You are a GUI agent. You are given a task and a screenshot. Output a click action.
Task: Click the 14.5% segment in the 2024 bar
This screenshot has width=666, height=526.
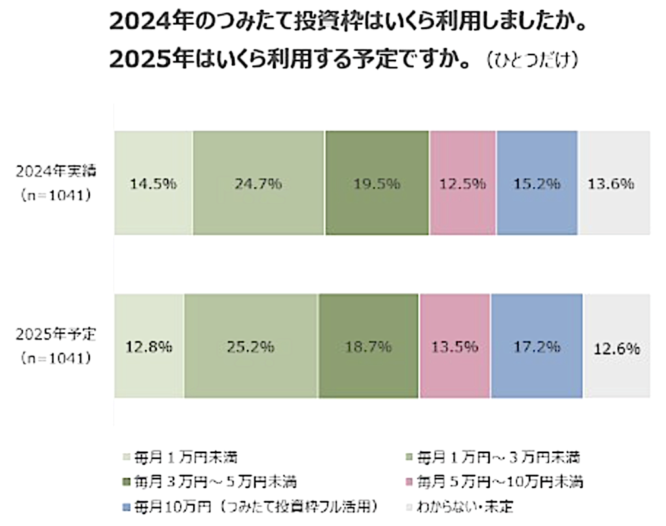tap(153, 183)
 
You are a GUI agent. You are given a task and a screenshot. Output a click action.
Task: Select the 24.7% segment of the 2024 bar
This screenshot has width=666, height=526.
tap(258, 183)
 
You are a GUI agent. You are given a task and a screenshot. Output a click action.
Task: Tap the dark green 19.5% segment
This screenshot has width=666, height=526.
tap(377, 183)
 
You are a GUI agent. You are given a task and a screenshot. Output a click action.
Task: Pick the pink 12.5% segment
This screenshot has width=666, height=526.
tap(462, 183)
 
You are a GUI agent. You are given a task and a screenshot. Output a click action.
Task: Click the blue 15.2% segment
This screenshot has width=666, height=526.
tap(537, 183)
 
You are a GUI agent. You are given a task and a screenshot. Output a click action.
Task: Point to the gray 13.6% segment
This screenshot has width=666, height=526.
tap(614, 183)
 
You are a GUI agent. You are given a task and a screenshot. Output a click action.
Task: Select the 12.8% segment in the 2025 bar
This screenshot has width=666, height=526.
tap(149, 346)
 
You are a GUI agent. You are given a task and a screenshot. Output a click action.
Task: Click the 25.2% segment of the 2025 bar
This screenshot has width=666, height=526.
tap(250, 346)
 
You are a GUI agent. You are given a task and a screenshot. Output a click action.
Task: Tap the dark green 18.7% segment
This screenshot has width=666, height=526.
tap(368, 346)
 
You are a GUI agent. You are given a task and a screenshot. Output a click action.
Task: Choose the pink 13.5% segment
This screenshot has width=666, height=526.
tap(455, 346)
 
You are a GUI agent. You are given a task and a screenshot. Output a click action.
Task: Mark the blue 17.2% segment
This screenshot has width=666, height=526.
tap(537, 346)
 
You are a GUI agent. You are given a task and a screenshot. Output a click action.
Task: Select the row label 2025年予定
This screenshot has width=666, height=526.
tap(56, 335)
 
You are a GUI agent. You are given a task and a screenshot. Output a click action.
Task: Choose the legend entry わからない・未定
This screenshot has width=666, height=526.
tap(466, 506)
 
